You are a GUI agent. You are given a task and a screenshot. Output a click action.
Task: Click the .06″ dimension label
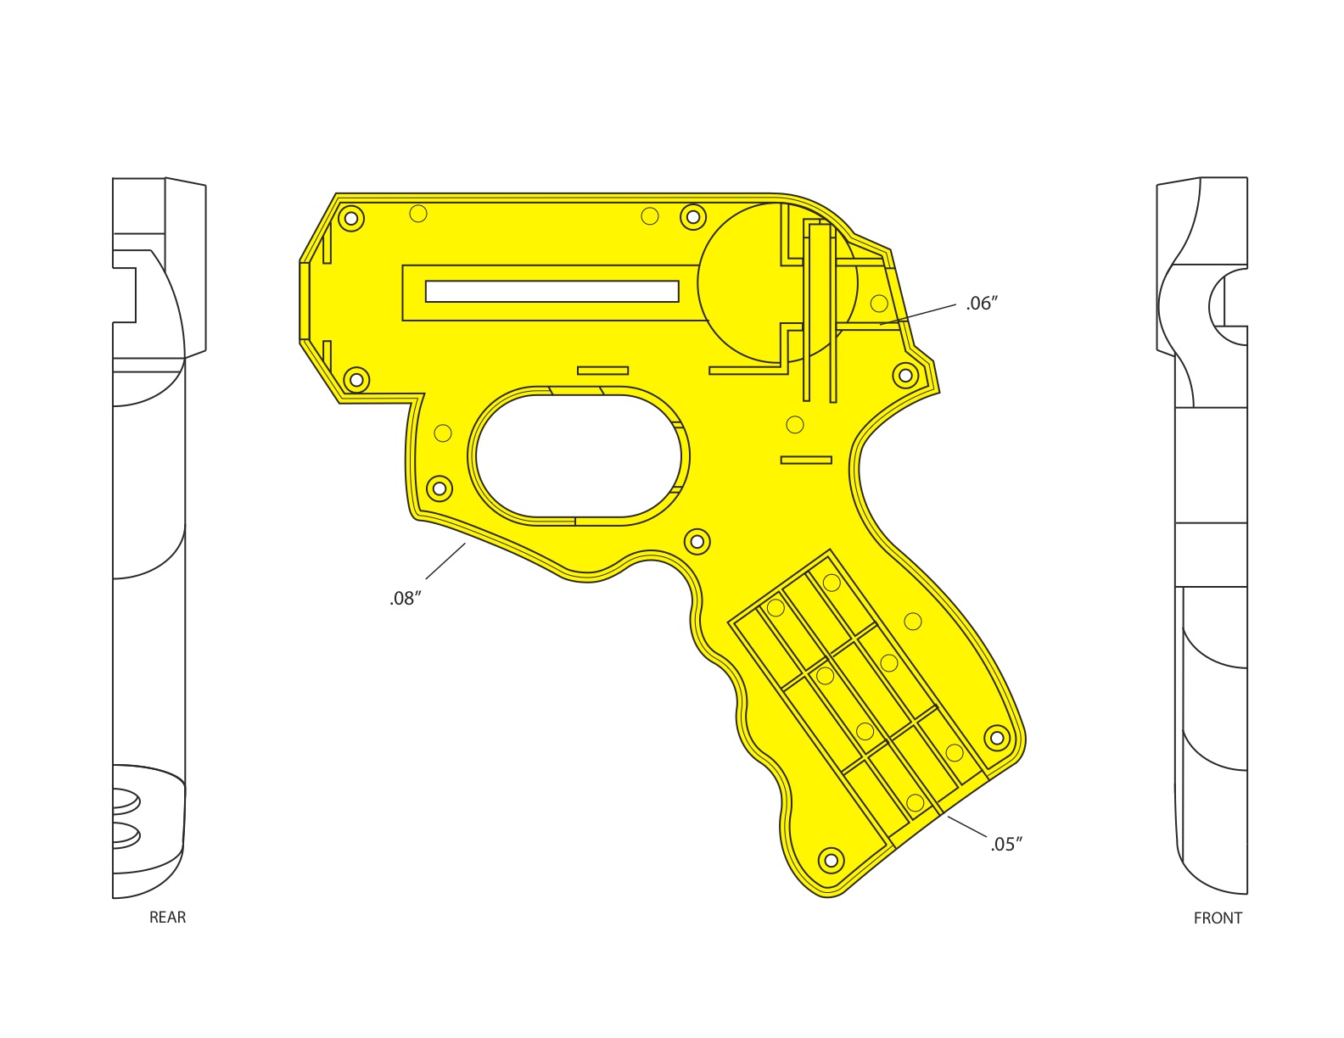coord(982,304)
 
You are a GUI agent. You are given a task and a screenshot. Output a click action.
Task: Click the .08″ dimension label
coord(406,599)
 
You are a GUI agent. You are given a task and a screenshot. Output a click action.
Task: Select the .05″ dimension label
coord(1006,844)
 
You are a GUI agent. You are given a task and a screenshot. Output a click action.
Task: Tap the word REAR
coord(167,917)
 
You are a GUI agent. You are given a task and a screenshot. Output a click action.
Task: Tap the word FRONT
coord(1218,918)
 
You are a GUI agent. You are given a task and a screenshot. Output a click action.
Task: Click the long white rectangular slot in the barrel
coord(552,292)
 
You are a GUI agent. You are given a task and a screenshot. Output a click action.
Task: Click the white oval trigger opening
coord(577,456)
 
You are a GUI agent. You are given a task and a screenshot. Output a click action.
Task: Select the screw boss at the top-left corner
coord(350,219)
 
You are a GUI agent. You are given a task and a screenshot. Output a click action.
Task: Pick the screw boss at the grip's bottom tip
coord(831,860)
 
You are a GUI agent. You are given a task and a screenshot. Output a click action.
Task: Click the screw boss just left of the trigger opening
coord(439,488)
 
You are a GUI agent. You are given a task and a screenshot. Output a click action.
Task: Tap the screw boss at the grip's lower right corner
coord(997,738)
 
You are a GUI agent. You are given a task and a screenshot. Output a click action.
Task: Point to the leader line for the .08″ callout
coord(445,561)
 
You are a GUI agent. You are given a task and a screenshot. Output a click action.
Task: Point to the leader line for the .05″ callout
coord(967,826)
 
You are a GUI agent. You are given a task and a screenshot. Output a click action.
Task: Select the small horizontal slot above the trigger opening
coord(602,371)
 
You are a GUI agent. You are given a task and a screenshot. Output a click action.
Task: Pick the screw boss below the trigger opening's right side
coord(697,541)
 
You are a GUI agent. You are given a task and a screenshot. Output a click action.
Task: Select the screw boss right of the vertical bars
coord(905,375)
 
